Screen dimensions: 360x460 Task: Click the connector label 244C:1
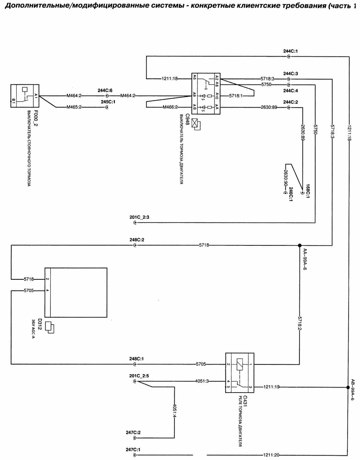290,51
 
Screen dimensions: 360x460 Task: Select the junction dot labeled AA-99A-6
300,245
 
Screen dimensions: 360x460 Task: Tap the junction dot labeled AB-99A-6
348,387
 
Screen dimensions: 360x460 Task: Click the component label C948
187,120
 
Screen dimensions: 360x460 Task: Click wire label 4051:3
202,381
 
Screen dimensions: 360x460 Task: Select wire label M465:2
74,107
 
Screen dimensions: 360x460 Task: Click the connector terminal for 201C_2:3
135,223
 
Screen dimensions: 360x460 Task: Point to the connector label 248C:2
137,240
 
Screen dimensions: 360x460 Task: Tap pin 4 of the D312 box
47,290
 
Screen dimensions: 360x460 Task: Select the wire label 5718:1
236,96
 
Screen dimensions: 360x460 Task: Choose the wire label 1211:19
272,387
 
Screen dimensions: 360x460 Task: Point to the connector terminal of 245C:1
107,107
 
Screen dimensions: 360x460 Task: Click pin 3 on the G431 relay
250,387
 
